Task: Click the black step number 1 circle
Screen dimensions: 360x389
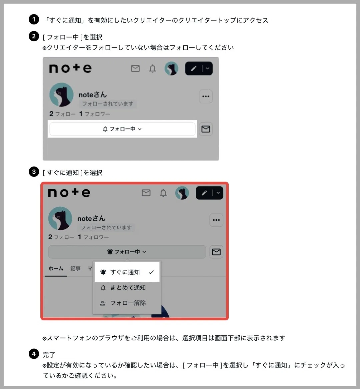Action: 34,19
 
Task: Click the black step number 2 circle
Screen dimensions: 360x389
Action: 34,36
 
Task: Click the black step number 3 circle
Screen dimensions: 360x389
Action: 34,172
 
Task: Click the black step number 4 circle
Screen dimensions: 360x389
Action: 34,354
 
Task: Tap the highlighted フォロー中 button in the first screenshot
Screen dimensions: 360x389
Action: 122,129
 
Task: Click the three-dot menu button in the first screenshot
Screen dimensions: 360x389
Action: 206,96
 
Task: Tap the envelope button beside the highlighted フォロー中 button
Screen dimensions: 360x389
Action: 206,129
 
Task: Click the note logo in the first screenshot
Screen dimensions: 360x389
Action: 70,68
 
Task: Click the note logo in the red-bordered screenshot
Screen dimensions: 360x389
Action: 69,193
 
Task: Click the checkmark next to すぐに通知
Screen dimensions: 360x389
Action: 151,272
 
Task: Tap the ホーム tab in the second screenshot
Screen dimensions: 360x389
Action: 56,268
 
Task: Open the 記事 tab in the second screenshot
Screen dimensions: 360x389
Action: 75,268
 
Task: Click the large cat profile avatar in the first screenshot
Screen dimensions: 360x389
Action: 61,95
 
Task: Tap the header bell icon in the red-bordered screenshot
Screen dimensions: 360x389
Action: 163,193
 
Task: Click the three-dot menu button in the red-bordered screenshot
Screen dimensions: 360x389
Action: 216,220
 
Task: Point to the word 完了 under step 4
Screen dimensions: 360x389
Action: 49,355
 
